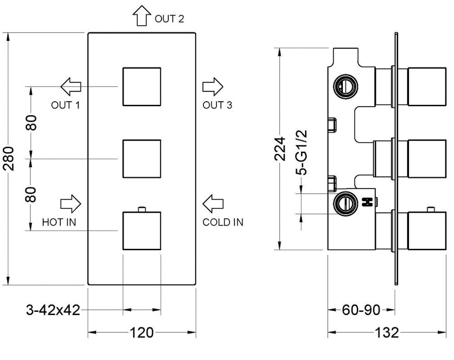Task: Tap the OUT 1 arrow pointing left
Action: coord(71,85)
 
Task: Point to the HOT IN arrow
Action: coord(71,203)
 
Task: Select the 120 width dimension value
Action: coord(141,333)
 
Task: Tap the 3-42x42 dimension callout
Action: coord(54,311)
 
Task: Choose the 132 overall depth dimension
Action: coord(387,333)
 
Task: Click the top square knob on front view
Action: coord(142,86)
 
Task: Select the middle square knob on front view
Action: coord(142,158)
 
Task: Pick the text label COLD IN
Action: coord(223,222)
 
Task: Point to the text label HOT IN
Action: coord(59,222)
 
